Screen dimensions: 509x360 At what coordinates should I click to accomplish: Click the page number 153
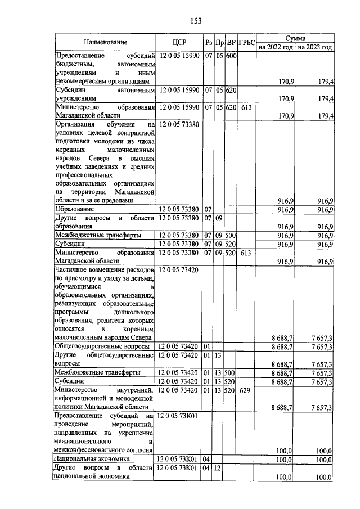point(196,21)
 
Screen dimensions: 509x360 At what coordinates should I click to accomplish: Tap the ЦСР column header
point(179,42)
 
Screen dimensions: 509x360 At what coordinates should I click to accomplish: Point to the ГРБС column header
point(246,42)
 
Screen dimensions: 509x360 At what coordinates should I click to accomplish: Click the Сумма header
point(295,38)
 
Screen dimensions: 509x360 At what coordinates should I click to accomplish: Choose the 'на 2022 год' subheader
point(275,47)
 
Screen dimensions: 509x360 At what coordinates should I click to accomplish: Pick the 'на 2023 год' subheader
point(314,47)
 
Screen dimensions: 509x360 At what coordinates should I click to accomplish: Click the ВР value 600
point(231,57)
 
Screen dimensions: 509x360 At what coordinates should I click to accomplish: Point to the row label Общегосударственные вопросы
point(101,346)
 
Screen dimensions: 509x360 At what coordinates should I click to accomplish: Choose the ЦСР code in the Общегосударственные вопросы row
point(179,346)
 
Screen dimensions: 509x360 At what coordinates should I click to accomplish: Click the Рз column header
point(208,42)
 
